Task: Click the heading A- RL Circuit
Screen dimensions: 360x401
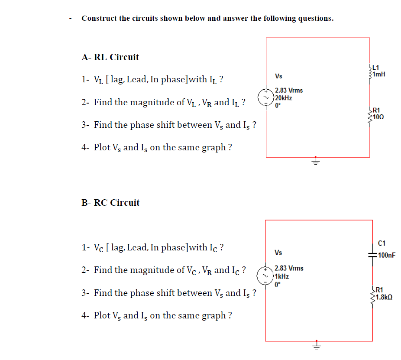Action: click(110, 57)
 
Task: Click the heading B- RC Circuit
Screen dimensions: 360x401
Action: click(110, 202)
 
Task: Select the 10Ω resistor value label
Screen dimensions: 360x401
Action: click(379, 117)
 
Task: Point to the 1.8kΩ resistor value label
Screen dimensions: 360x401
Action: click(385, 297)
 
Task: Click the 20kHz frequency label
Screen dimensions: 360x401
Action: click(284, 98)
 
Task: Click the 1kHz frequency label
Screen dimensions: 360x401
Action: click(282, 276)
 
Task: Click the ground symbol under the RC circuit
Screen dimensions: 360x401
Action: click(316, 346)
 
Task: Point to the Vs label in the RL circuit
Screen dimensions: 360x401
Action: click(278, 76)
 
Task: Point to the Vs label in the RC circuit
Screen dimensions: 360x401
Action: click(278, 253)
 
